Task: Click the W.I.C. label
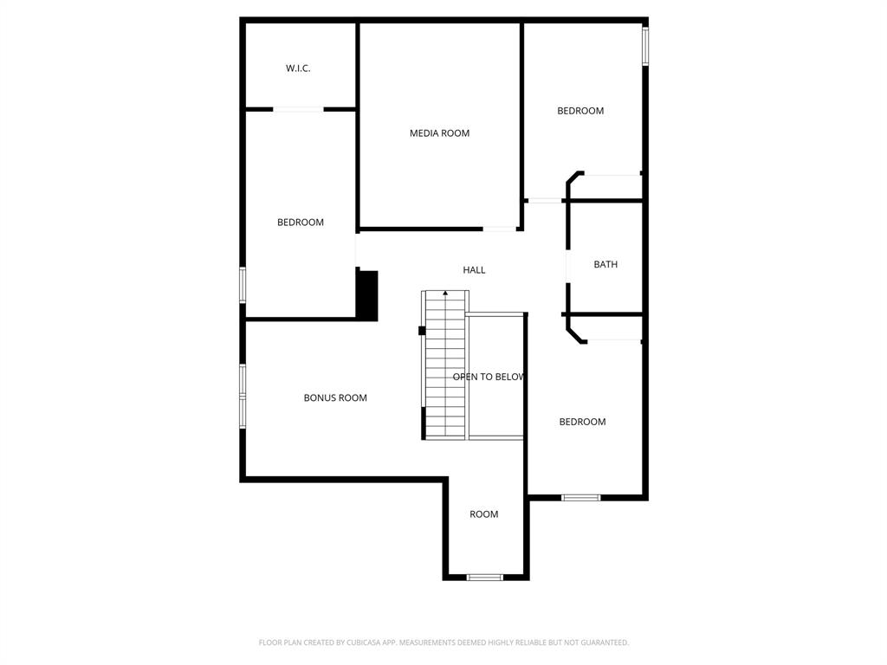tap(298, 68)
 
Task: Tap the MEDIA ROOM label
tap(439, 133)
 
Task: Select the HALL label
tap(474, 270)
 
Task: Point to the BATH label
tap(605, 265)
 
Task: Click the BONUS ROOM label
tap(335, 398)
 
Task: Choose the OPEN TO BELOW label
tap(489, 378)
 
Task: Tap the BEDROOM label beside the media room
tap(580, 111)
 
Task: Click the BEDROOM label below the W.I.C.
tap(301, 223)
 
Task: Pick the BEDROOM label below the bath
tap(582, 422)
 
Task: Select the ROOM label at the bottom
tap(484, 514)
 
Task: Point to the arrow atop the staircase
tap(445, 294)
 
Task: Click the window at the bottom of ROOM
tap(484, 577)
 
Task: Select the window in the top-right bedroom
tap(644, 46)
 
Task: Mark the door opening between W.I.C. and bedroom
tap(298, 109)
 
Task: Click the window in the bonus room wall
tap(243, 397)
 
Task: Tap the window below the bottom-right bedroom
tap(580, 497)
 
